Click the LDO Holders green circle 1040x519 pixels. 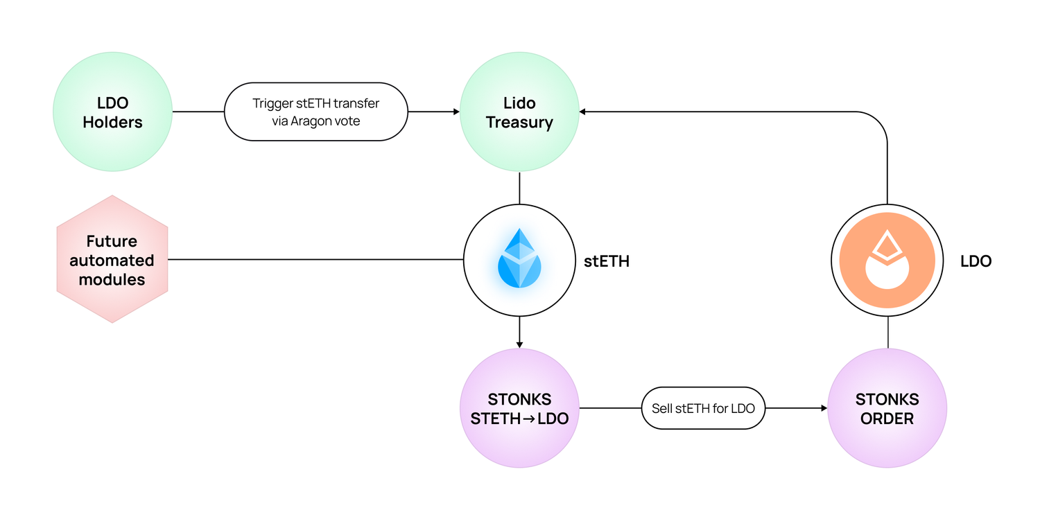point(112,112)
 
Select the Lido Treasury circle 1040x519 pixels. point(519,112)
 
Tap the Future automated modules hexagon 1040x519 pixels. point(112,260)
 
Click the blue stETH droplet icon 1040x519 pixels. point(519,259)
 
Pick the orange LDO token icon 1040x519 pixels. point(887,261)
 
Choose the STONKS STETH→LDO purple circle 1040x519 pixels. point(519,408)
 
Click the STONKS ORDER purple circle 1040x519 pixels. point(887,408)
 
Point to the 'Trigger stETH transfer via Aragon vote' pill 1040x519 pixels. point(315,112)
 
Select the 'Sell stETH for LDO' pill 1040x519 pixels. point(703,408)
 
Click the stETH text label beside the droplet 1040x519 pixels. point(606,262)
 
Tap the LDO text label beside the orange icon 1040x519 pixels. point(976,262)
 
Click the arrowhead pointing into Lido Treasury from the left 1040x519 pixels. point(456,112)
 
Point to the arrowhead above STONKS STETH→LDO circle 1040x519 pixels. point(519,344)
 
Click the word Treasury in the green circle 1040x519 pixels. point(519,123)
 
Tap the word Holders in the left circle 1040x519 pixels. point(112,123)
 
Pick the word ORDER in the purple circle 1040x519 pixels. point(887,419)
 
